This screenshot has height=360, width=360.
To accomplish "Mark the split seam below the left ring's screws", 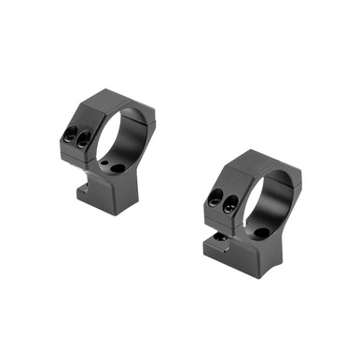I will (80, 153).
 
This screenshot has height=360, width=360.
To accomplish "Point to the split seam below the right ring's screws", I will (224, 215).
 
